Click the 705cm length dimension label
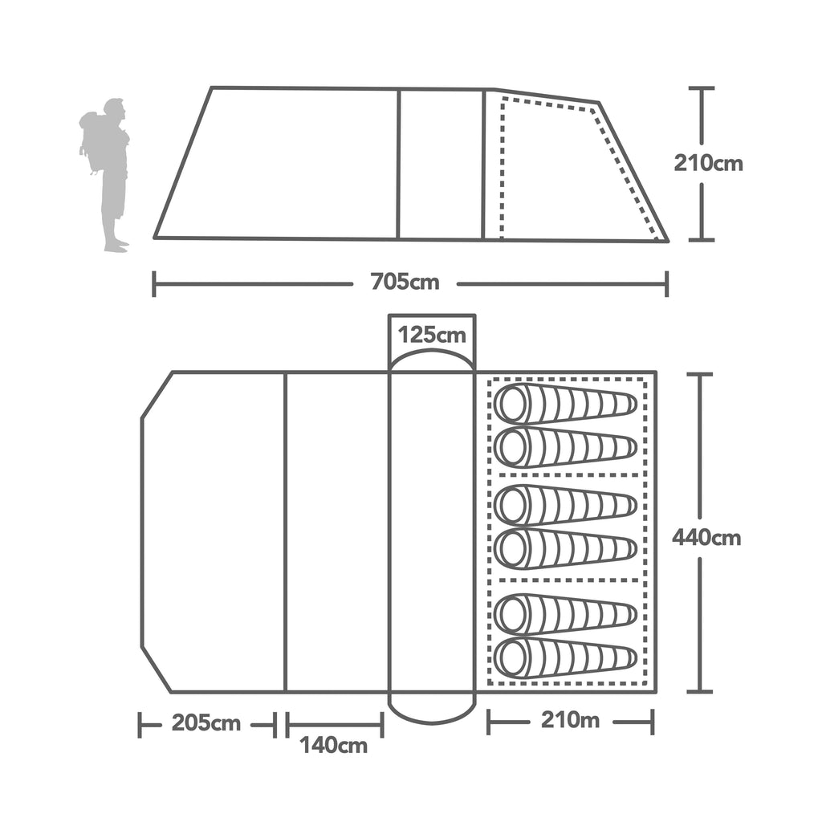pos(405,283)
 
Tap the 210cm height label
pos(708,164)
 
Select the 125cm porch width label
pos(432,334)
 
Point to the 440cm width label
pos(706,537)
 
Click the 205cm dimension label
pos(205,722)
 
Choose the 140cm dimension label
pos(334,745)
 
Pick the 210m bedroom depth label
pos(570,720)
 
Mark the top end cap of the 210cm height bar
pos(702,87)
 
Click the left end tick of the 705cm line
pos(154,283)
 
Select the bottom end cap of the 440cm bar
pos(700,690)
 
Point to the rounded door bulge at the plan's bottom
pos(432,710)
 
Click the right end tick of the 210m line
pos(652,721)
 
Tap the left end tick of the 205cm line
pos(140,724)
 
